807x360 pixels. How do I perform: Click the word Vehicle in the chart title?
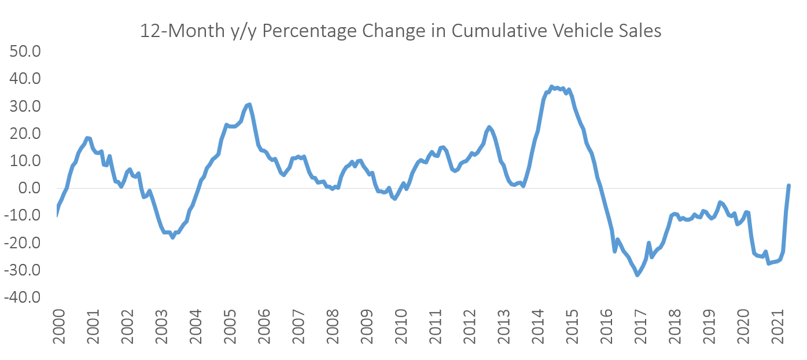point(580,31)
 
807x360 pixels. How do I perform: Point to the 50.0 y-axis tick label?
point(25,52)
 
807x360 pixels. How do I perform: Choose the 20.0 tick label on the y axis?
point(25,134)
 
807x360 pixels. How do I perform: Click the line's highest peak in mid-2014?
point(551,87)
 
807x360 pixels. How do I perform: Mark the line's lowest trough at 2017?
point(638,275)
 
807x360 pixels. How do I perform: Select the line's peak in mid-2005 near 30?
point(249,105)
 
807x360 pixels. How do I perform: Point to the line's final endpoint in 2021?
point(788,186)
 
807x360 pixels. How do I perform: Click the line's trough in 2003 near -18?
point(172,237)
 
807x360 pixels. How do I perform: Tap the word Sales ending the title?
point(638,31)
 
